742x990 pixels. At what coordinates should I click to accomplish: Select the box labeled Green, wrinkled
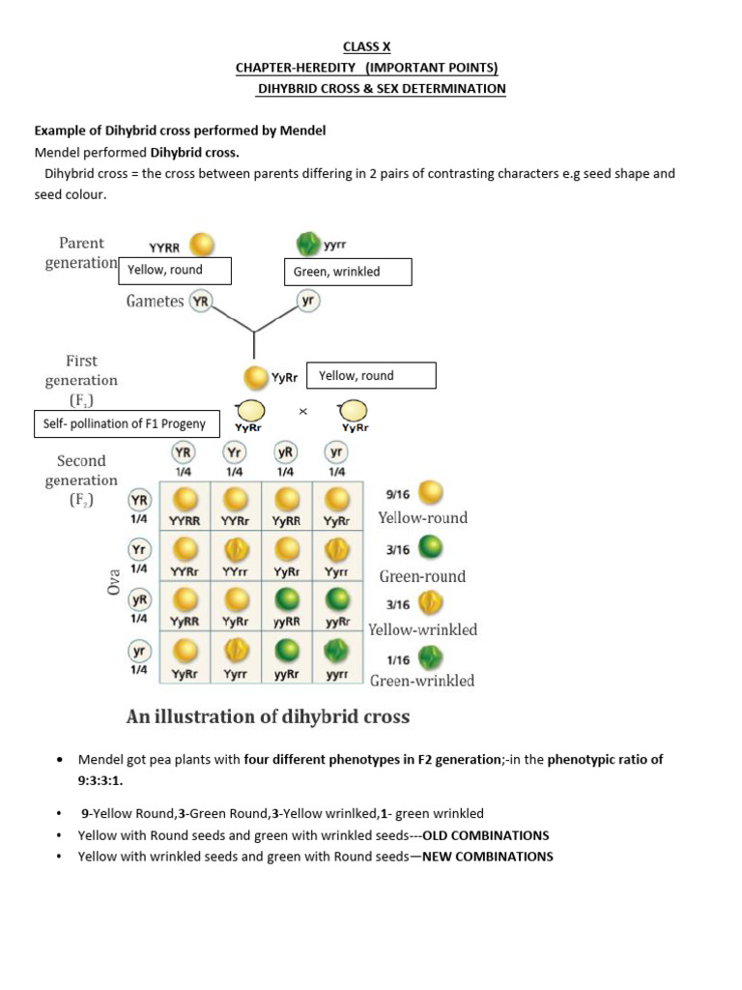348,272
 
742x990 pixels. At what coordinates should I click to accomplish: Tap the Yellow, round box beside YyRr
371,375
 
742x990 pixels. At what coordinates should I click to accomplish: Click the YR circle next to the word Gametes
201,301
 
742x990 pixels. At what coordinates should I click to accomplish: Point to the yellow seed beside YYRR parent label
202,245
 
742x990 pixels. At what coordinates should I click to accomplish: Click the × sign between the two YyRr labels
302,412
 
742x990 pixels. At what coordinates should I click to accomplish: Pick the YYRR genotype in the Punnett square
185,520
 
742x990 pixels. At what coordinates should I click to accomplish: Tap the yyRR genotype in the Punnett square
286,622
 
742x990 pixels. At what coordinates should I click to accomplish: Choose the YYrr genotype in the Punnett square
236,571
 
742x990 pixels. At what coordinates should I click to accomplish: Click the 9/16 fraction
398,493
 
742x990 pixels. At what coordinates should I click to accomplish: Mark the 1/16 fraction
398,660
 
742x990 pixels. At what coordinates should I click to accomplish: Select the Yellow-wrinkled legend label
423,629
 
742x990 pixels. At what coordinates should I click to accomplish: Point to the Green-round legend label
422,576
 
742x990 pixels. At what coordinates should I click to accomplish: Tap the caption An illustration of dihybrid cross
268,716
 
